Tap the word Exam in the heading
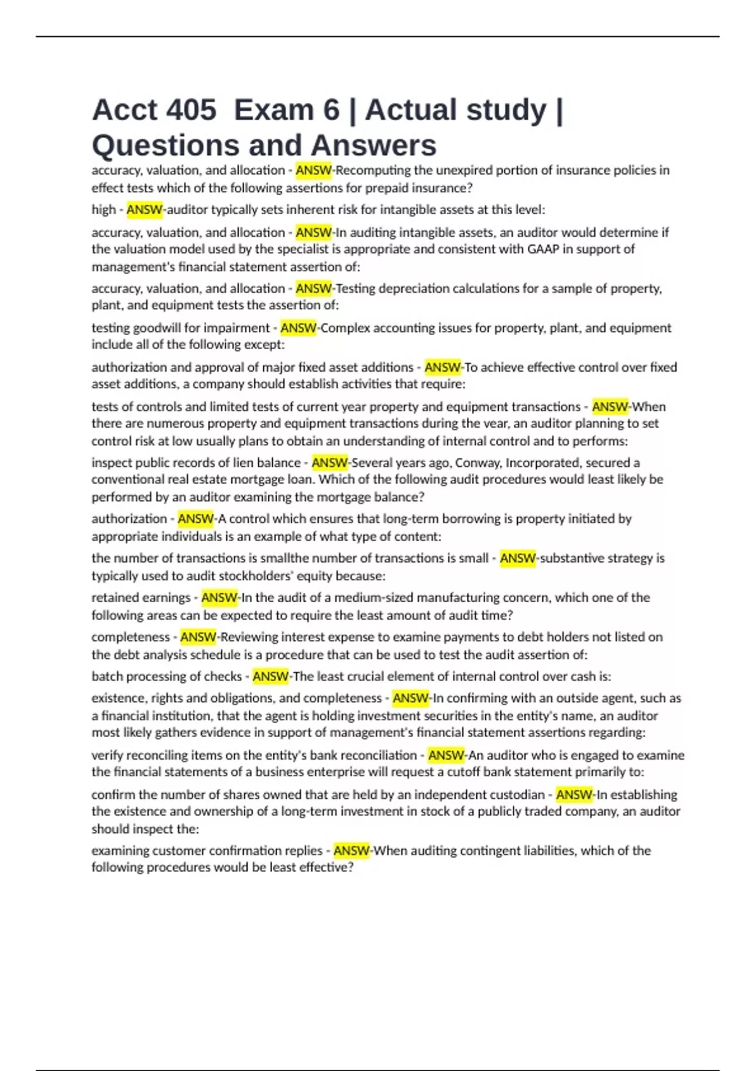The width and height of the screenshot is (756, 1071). [x=273, y=110]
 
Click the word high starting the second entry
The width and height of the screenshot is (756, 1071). [x=103, y=210]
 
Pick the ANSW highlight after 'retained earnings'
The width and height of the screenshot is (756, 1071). [x=219, y=597]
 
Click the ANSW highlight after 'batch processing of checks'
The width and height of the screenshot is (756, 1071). [x=270, y=677]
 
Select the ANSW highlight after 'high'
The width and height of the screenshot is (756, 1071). [x=144, y=210]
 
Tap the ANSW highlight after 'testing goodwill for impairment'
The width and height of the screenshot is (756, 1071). [x=298, y=328]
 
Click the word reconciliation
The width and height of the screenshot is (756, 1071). [x=381, y=755]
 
